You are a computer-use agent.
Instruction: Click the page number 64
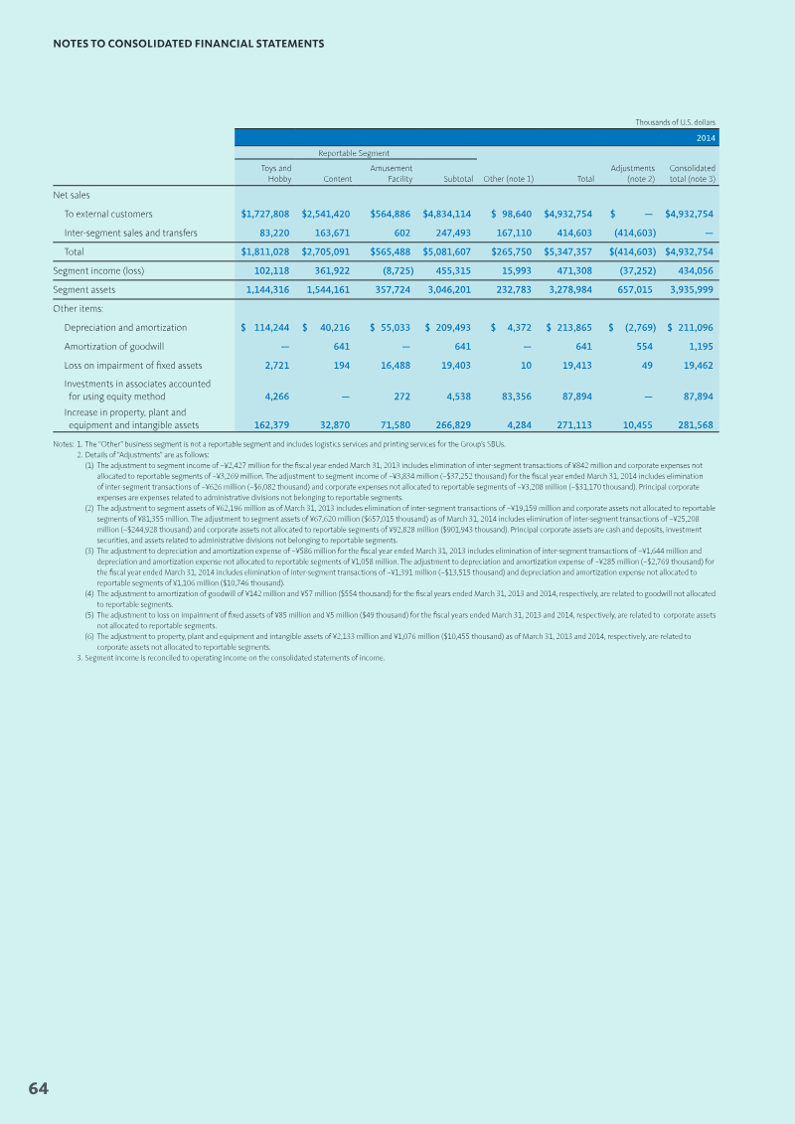click(x=38, y=1088)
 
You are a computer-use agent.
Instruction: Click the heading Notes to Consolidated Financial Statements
click(x=188, y=44)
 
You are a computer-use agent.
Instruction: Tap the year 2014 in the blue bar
click(x=706, y=138)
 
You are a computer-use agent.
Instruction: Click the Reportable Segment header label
click(x=354, y=153)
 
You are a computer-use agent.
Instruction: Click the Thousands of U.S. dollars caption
click(x=676, y=122)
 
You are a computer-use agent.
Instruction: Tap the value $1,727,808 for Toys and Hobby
click(x=265, y=214)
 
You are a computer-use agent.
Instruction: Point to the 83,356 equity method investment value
click(x=512, y=396)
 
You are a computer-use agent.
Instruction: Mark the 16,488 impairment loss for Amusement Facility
click(x=391, y=365)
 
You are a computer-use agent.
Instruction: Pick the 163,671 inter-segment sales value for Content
click(x=329, y=233)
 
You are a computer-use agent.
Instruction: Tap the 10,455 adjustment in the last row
click(x=635, y=425)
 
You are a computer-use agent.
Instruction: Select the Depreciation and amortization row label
click(x=125, y=327)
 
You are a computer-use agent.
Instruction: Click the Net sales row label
click(x=72, y=195)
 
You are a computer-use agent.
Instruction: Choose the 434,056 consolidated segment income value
click(x=693, y=270)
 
